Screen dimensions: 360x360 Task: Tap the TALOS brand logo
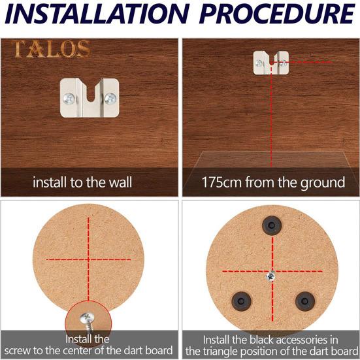(51, 49)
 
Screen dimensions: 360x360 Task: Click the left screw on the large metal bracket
(70, 99)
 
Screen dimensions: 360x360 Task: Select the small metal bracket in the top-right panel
(270, 63)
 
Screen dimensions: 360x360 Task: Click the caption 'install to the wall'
(82, 182)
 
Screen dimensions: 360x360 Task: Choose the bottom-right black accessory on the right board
(304, 300)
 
